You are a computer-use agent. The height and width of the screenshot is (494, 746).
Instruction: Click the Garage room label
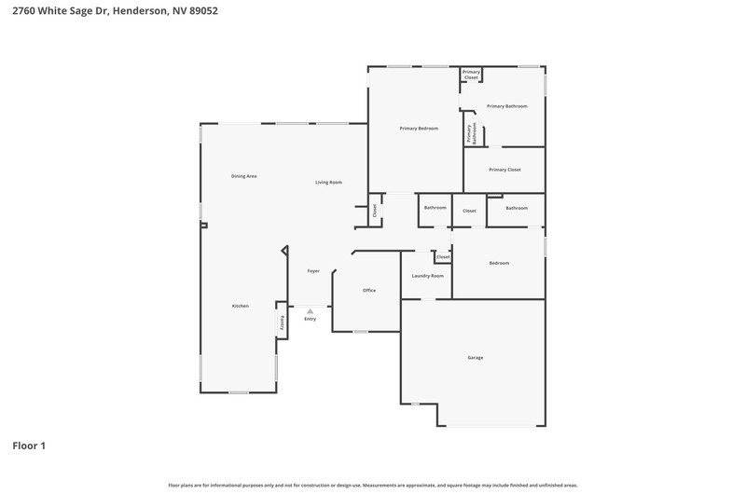pyautogui.click(x=476, y=358)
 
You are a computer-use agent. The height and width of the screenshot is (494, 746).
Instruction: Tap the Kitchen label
pyautogui.click(x=241, y=306)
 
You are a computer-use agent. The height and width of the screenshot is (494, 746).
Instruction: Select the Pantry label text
pyautogui.click(x=282, y=322)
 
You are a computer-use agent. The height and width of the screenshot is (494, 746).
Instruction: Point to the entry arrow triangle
pyautogui.click(x=311, y=311)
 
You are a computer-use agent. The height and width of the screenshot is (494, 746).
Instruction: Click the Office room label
pyautogui.click(x=369, y=290)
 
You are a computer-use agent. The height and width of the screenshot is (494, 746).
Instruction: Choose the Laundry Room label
pyautogui.click(x=428, y=276)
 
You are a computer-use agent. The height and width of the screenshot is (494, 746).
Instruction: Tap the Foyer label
pyautogui.click(x=313, y=271)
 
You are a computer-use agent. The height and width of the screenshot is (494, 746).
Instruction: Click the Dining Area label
pyautogui.click(x=244, y=176)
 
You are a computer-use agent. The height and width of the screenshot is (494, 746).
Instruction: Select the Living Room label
pyautogui.click(x=329, y=182)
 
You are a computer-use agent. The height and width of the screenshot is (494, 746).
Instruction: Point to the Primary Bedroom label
pyautogui.click(x=419, y=129)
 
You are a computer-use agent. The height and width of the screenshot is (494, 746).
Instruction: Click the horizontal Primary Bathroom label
pyautogui.click(x=507, y=106)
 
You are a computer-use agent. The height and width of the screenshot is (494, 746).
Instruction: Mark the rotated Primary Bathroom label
pyautogui.click(x=472, y=133)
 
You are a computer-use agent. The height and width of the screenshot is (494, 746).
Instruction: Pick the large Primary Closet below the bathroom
pyautogui.click(x=504, y=170)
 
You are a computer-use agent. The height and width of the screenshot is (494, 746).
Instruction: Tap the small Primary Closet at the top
pyautogui.click(x=471, y=75)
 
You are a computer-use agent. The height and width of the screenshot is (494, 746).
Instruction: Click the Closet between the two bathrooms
pyautogui.click(x=469, y=211)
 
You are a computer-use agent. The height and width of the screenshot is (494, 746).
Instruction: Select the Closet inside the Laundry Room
pyautogui.click(x=443, y=256)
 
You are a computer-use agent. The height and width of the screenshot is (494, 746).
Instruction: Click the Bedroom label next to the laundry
pyautogui.click(x=499, y=263)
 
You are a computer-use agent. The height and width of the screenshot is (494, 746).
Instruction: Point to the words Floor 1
pyautogui.click(x=29, y=446)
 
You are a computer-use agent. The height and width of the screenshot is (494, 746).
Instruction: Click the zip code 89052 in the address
pyautogui.click(x=203, y=10)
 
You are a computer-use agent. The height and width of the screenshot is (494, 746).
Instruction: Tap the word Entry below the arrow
pyautogui.click(x=311, y=319)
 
